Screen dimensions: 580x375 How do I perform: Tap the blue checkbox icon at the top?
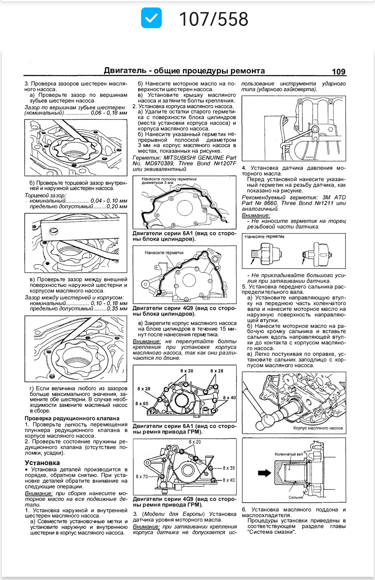(x=151, y=19)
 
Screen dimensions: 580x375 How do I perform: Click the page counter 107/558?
(x=213, y=19)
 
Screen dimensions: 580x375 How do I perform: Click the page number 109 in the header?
(x=339, y=72)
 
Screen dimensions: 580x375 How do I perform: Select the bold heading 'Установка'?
(x=42, y=462)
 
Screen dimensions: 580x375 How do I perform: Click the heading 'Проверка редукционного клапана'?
(x=72, y=418)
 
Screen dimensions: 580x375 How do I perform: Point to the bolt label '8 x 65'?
(x=142, y=403)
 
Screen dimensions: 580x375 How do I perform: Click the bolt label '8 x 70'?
(x=142, y=477)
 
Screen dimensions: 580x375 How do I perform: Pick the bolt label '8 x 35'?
(x=229, y=468)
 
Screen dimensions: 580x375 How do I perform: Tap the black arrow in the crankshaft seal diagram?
(x=264, y=473)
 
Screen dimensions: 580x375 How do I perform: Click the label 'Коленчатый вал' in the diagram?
(x=288, y=454)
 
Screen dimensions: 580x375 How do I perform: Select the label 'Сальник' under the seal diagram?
(x=296, y=497)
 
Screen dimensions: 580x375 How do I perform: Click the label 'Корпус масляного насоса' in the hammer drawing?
(x=318, y=428)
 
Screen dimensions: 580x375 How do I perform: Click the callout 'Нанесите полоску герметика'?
(x=169, y=179)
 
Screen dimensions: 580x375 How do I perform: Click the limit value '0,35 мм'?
(x=117, y=308)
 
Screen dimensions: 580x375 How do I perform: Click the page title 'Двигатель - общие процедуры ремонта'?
(x=184, y=71)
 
